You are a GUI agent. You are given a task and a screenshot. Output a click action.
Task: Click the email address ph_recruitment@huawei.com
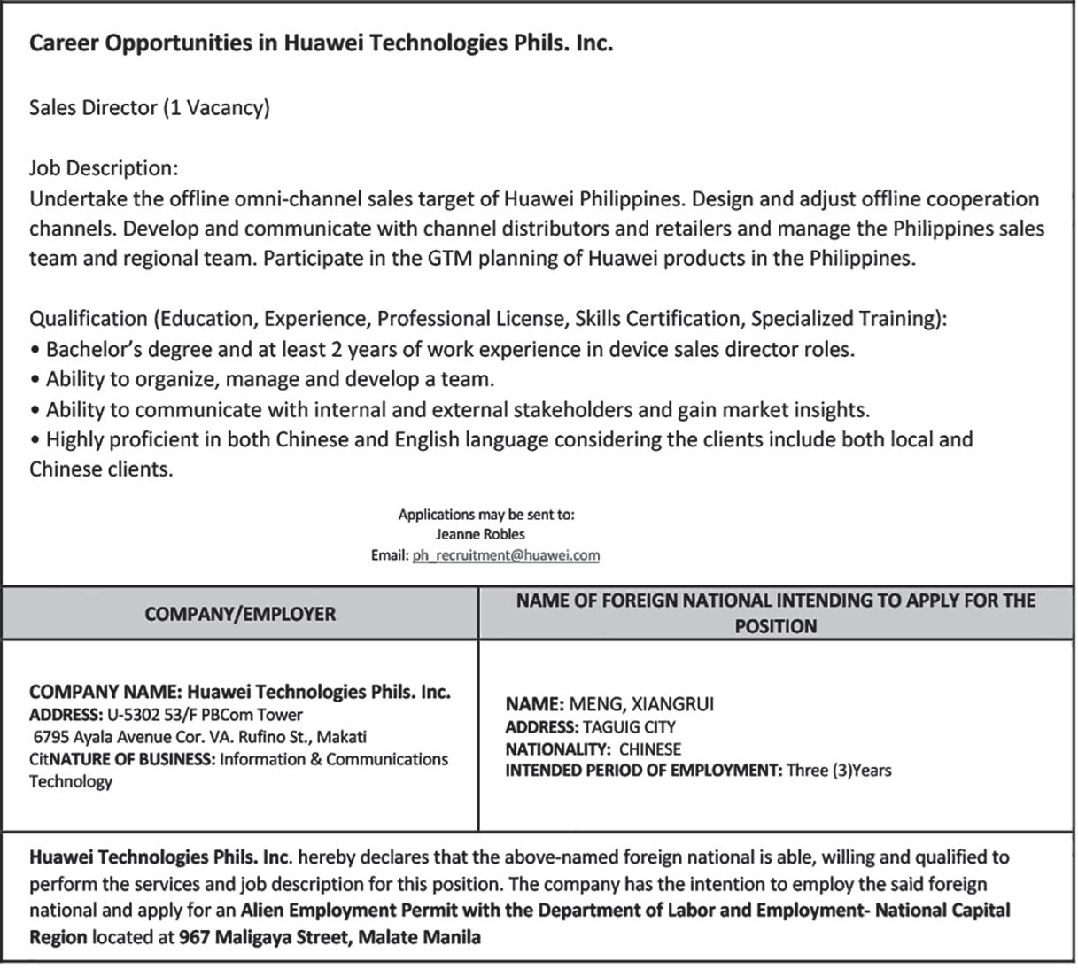coord(506,555)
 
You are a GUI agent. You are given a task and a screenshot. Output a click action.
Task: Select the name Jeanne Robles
coord(480,534)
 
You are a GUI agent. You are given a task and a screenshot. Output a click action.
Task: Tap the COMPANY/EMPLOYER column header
coord(240,614)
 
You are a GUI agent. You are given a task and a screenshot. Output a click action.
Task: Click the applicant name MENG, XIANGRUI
coord(641,704)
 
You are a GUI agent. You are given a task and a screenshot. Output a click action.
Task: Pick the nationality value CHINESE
coord(650,748)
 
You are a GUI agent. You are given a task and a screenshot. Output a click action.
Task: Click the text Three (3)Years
coord(839,770)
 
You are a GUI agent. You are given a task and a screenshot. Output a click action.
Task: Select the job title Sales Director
coord(93,108)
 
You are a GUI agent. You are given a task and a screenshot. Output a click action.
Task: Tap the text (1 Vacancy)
coord(216,108)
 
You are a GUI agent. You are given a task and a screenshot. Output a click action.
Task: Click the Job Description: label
coord(104,168)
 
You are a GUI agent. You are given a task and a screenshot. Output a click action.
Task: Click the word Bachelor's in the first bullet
coord(97,349)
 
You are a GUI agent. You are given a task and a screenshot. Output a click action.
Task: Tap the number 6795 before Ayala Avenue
coord(51,737)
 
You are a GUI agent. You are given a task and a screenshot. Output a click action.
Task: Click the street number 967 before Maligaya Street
coord(194,937)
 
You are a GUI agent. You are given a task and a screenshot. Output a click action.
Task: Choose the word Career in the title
coord(64,43)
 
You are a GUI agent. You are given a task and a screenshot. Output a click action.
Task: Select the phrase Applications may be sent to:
coord(486,514)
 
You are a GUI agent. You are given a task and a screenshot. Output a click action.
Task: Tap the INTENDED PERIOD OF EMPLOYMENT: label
coord(643,770)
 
